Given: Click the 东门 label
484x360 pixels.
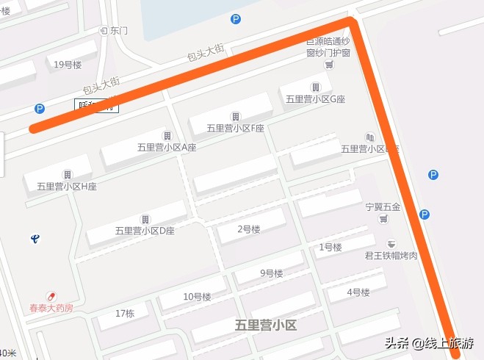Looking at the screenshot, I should coord(118,31).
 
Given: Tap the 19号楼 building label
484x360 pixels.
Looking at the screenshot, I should coord(68,64).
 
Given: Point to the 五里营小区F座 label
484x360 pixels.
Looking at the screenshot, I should coord(235,128).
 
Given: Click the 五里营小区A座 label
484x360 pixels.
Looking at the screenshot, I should coord(167,147).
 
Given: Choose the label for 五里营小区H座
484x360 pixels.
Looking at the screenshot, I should coord(67,186).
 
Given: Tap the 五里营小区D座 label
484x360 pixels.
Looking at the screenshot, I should coord(145,231).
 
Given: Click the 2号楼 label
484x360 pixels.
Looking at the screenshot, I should coord(249,230).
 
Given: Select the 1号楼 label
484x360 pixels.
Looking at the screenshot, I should coord(331,248).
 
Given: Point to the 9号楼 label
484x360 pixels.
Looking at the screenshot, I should coord(271,274).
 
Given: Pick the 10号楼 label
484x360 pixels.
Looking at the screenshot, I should coord(197,297).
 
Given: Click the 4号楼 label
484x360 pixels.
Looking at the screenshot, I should coord(358,292).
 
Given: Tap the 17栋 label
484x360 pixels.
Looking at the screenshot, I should coord(126,314).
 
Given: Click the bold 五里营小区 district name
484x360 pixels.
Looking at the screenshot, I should coord(266,325).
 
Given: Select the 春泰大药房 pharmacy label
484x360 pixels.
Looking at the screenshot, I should coord(51,308).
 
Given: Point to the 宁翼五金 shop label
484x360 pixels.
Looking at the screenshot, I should coord(383,207).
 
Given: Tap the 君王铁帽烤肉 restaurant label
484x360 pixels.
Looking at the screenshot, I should coord(391,255).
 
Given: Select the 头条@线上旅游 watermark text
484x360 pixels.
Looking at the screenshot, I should coord(430,343).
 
